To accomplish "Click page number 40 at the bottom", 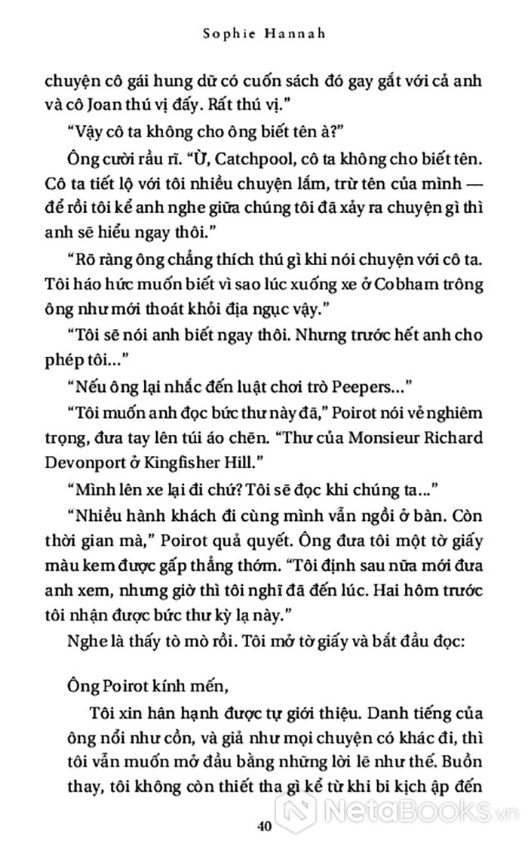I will click(263, 825).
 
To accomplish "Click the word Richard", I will click(449, 438).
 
